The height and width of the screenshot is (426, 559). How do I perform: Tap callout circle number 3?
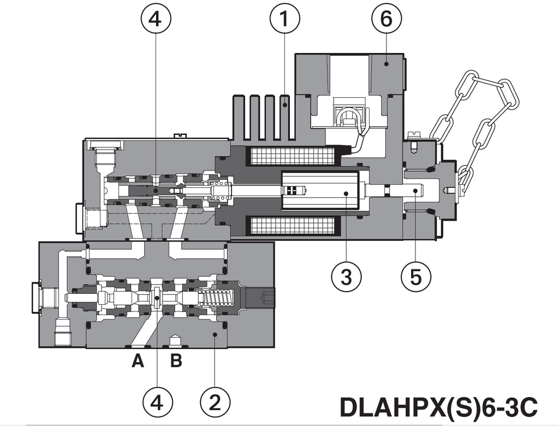[x=346, y=277]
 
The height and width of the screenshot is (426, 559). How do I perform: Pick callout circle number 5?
[x=415, y=277]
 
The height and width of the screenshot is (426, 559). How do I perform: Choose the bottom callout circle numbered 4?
[x=157, y=404]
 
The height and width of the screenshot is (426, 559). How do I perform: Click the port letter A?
[x=138, y=362]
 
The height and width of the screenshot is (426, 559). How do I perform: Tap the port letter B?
[x=176, y=362]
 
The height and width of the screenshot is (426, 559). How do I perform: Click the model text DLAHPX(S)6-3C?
[x=438, y=407]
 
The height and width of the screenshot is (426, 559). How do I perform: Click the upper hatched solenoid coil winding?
[x=290, y=157]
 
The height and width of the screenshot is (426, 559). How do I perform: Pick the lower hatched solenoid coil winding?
[x=290, y=226]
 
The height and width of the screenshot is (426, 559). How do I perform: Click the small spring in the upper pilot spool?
[x=219, y=191]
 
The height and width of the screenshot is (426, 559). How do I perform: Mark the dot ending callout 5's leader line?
[x=415, y=191]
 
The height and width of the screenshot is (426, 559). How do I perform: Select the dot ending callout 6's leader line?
[x=386, y=64]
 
